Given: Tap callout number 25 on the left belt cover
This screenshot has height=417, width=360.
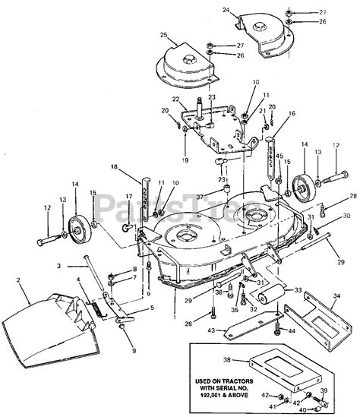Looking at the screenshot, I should coord(164,35).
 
